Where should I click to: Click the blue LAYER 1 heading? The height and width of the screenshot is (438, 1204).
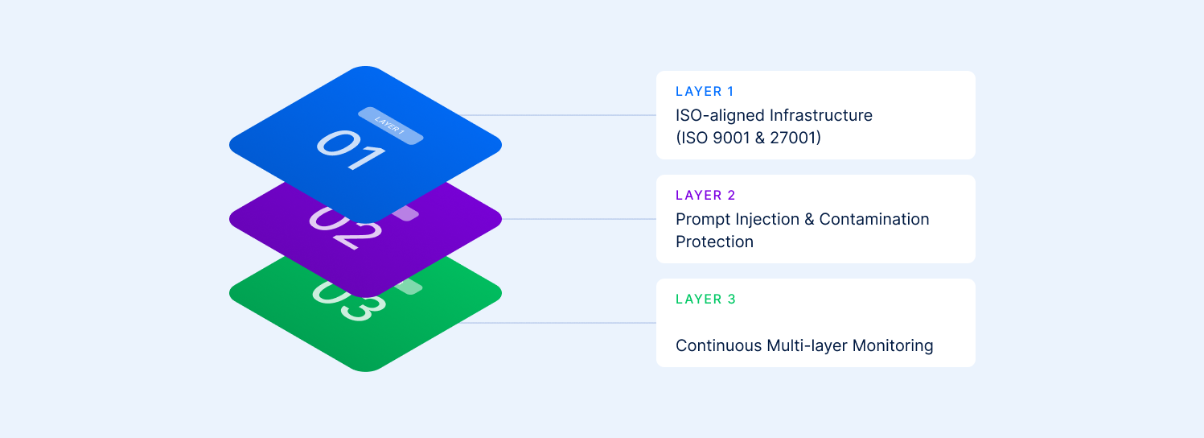point(705,92)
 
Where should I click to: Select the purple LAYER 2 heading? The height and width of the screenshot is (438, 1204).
point(705,196)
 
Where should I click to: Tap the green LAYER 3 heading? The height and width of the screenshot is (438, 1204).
point(705,300)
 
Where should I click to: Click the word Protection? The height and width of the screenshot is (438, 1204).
point(714,242)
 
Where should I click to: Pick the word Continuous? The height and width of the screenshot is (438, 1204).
point(718,346)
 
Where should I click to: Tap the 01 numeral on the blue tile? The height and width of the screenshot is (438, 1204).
point(349,150)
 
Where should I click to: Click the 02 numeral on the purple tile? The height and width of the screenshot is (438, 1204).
point(345,225)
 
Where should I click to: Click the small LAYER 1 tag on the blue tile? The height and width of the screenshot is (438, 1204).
point(390,126)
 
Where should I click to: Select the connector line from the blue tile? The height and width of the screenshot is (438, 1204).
point(563,115)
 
